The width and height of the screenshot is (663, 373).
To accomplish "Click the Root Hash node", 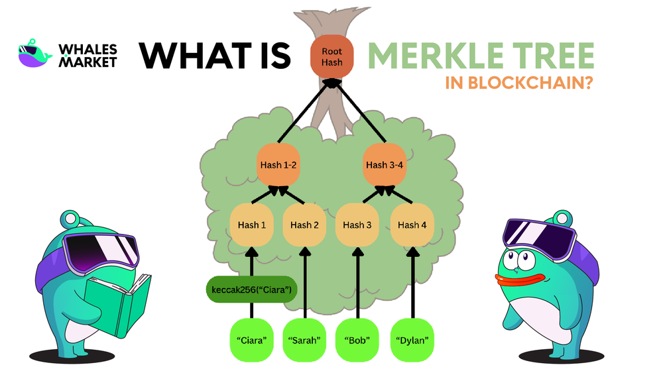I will pyautogui.click(x=331, y=56).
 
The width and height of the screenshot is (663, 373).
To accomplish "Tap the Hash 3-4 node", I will pyautogui.click(x=385, y=165).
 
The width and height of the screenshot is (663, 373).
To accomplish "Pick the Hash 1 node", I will pyautogui.click(x=251, y=225).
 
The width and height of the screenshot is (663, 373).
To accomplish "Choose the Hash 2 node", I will pyautogui.click(x=305, y=225).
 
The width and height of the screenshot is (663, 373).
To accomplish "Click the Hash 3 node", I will pyautogui.click(x=358, y=225).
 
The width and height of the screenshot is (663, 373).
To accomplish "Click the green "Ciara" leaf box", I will pyautogui.click(x=251, y=340).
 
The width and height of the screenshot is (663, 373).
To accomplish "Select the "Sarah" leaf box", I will pyautogui.click(x=305, y=340).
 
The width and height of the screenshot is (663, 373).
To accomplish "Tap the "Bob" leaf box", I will pyautogui.click(x=358, y=340).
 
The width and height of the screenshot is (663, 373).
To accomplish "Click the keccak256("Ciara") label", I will pyautogui.click(x=251, y=290).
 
